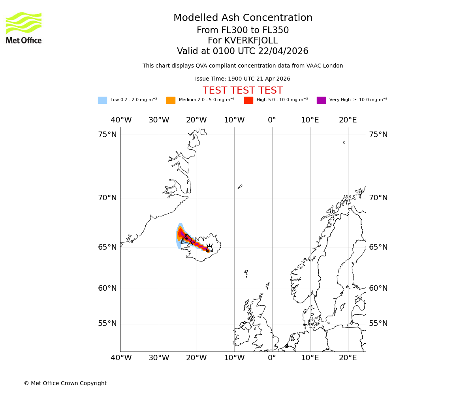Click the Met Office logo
[24, 28]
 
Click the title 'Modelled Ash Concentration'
[243, 18]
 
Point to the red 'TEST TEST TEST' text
[243, 90]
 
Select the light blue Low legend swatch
[102, 100]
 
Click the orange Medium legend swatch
[171, 100]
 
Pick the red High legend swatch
[248, 100]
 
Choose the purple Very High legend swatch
[321, 100]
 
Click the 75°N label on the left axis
[107, 135]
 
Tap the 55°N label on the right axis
[378, 324]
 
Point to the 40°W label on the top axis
[121, 120]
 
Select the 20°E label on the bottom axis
[348, 358]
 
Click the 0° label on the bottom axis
[272, 358]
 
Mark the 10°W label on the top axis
[234, 120]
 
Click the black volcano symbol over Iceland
[210, 248]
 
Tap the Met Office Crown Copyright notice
[65, 383]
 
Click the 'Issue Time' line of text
[243, 79]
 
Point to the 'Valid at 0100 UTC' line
[243, 51]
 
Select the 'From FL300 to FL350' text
[243, 30]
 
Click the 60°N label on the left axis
[107, 288]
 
